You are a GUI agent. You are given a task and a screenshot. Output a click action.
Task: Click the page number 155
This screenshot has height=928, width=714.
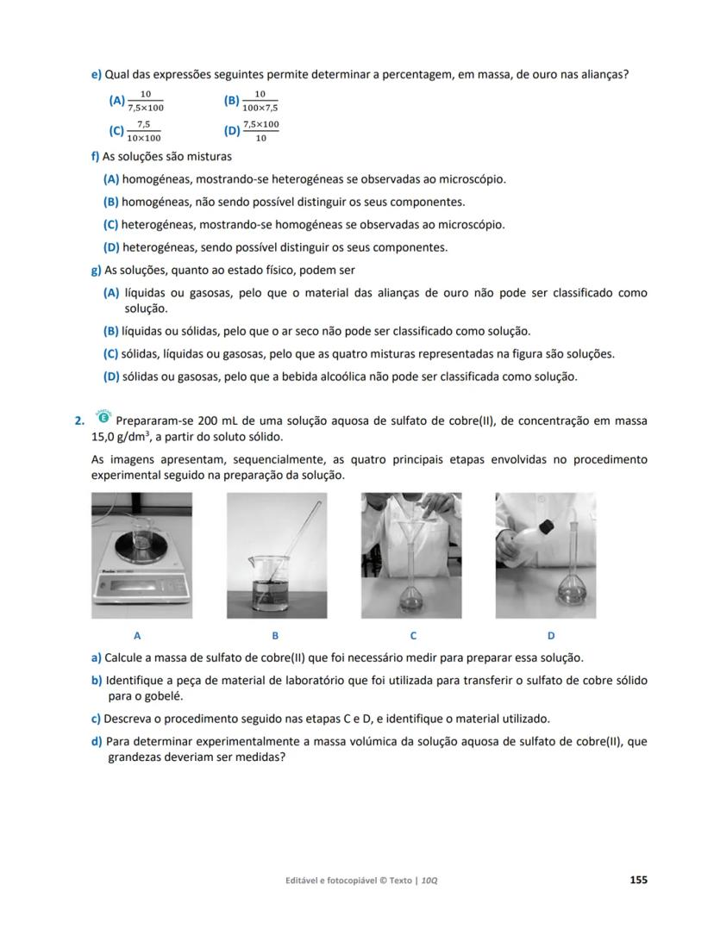638,880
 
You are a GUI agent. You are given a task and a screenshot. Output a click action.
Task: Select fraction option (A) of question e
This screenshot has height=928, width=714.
145,101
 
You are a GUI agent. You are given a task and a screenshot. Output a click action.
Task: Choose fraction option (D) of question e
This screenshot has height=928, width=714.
260,131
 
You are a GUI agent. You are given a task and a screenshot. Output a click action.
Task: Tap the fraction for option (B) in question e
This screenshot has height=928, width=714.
260,101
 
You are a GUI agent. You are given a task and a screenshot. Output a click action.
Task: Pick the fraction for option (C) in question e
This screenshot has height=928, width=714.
143,131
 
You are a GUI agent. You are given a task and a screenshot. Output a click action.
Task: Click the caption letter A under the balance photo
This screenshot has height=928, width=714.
138,635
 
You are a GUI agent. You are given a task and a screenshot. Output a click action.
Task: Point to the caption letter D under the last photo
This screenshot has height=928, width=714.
551,635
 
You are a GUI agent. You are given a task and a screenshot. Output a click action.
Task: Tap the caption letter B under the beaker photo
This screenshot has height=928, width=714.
275,635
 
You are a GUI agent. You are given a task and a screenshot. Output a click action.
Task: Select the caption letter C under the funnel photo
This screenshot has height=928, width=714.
413,635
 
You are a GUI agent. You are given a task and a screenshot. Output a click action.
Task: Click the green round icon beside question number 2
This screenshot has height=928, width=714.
103,418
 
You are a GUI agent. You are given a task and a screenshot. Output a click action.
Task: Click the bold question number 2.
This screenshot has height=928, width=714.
79,420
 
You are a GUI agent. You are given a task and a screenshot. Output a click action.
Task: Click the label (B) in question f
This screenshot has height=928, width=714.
110,202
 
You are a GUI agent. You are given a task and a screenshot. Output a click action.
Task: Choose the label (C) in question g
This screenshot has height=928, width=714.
110,353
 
